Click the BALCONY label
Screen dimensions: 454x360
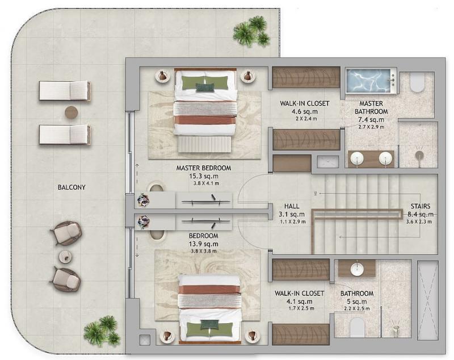pyautogui.click(x=72, y=187)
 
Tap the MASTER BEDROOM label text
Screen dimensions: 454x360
pyautogui.click(x=204, y=168)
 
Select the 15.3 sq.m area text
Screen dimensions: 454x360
pyautogui.click(x=204, y=176)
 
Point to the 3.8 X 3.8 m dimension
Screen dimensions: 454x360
pyautogui.click(x=204, y=251)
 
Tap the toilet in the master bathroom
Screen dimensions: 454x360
pyautogui.click(x=417, y=82)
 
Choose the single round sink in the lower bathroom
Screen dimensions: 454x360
pyautogui.click(x=357, y=269)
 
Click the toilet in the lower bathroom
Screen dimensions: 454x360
pyautogui.click(x=357, y=328)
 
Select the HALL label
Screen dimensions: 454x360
pyautogui.click(x=292, y=206)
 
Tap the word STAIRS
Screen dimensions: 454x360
pyautogui.click(x=421, y=206)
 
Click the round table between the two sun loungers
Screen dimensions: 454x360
pyautogui.click(x=72, y=112)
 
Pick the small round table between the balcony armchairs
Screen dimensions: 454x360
pyautogui.click(x=65, y=257)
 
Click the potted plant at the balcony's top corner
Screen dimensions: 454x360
pyautogui.click(x=251, y=31)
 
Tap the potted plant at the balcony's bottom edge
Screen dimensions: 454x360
pyautogui.click(x=102, y=331)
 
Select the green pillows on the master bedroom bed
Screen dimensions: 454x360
pyautogui.click(x=205, y=82)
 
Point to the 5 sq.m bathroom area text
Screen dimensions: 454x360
pyautogui.click(x=357, y=302)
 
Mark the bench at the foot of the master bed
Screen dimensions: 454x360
pyautogui.click(x=204, y=144)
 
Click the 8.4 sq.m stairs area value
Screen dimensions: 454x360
pyautogui.click(x=421, y=214)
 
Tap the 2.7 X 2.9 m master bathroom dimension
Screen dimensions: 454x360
pyautogui.click(x=371, y=127)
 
